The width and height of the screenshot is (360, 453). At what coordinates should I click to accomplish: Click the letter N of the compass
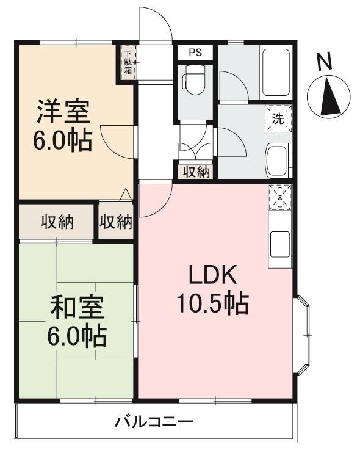click(325, 62)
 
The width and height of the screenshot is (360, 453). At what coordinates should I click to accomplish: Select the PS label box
click(195, 52)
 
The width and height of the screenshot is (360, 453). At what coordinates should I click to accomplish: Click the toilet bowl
click(195, 82)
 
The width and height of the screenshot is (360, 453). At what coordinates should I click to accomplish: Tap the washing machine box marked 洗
click(278, 119)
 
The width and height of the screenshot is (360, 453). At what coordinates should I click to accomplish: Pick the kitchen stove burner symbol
click(279, 197)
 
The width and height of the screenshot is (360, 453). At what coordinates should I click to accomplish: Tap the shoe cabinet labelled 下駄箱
click(128, 62)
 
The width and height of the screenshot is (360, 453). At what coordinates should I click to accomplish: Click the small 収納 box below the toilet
click(195, 172)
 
